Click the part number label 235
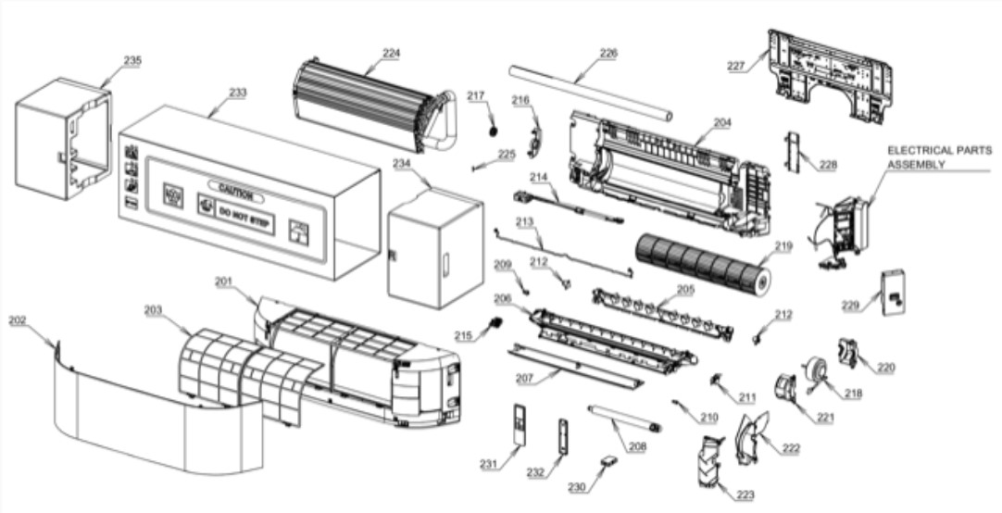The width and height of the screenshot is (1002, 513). coord(132,60)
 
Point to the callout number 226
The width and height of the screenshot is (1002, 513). coord(607,54)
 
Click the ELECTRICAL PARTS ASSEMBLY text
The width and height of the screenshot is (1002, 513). coord(938,156)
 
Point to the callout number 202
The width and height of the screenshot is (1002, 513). coord(18,320)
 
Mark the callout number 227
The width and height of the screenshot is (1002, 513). coord(736,66)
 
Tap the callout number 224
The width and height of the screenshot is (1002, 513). coord(391,54)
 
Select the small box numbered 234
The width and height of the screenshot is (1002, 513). coord(433,248)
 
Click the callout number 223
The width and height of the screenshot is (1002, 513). coord(745,495)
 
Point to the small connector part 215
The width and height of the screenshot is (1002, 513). coord(495,324)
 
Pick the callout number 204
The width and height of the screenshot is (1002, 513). coord(722,121)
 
